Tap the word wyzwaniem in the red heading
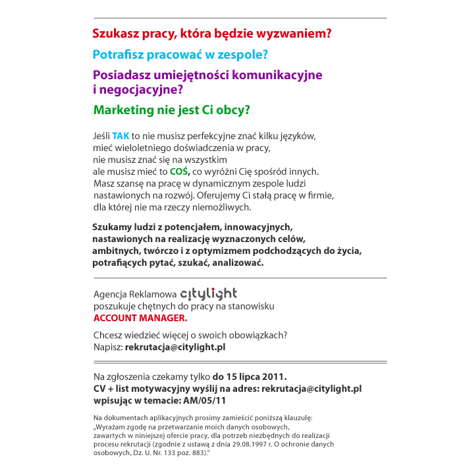click(298, 32)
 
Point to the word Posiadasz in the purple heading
click(122, 75)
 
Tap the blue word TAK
click(121, 136)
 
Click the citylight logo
click(208, 293)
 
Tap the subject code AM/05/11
click(205, 400)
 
